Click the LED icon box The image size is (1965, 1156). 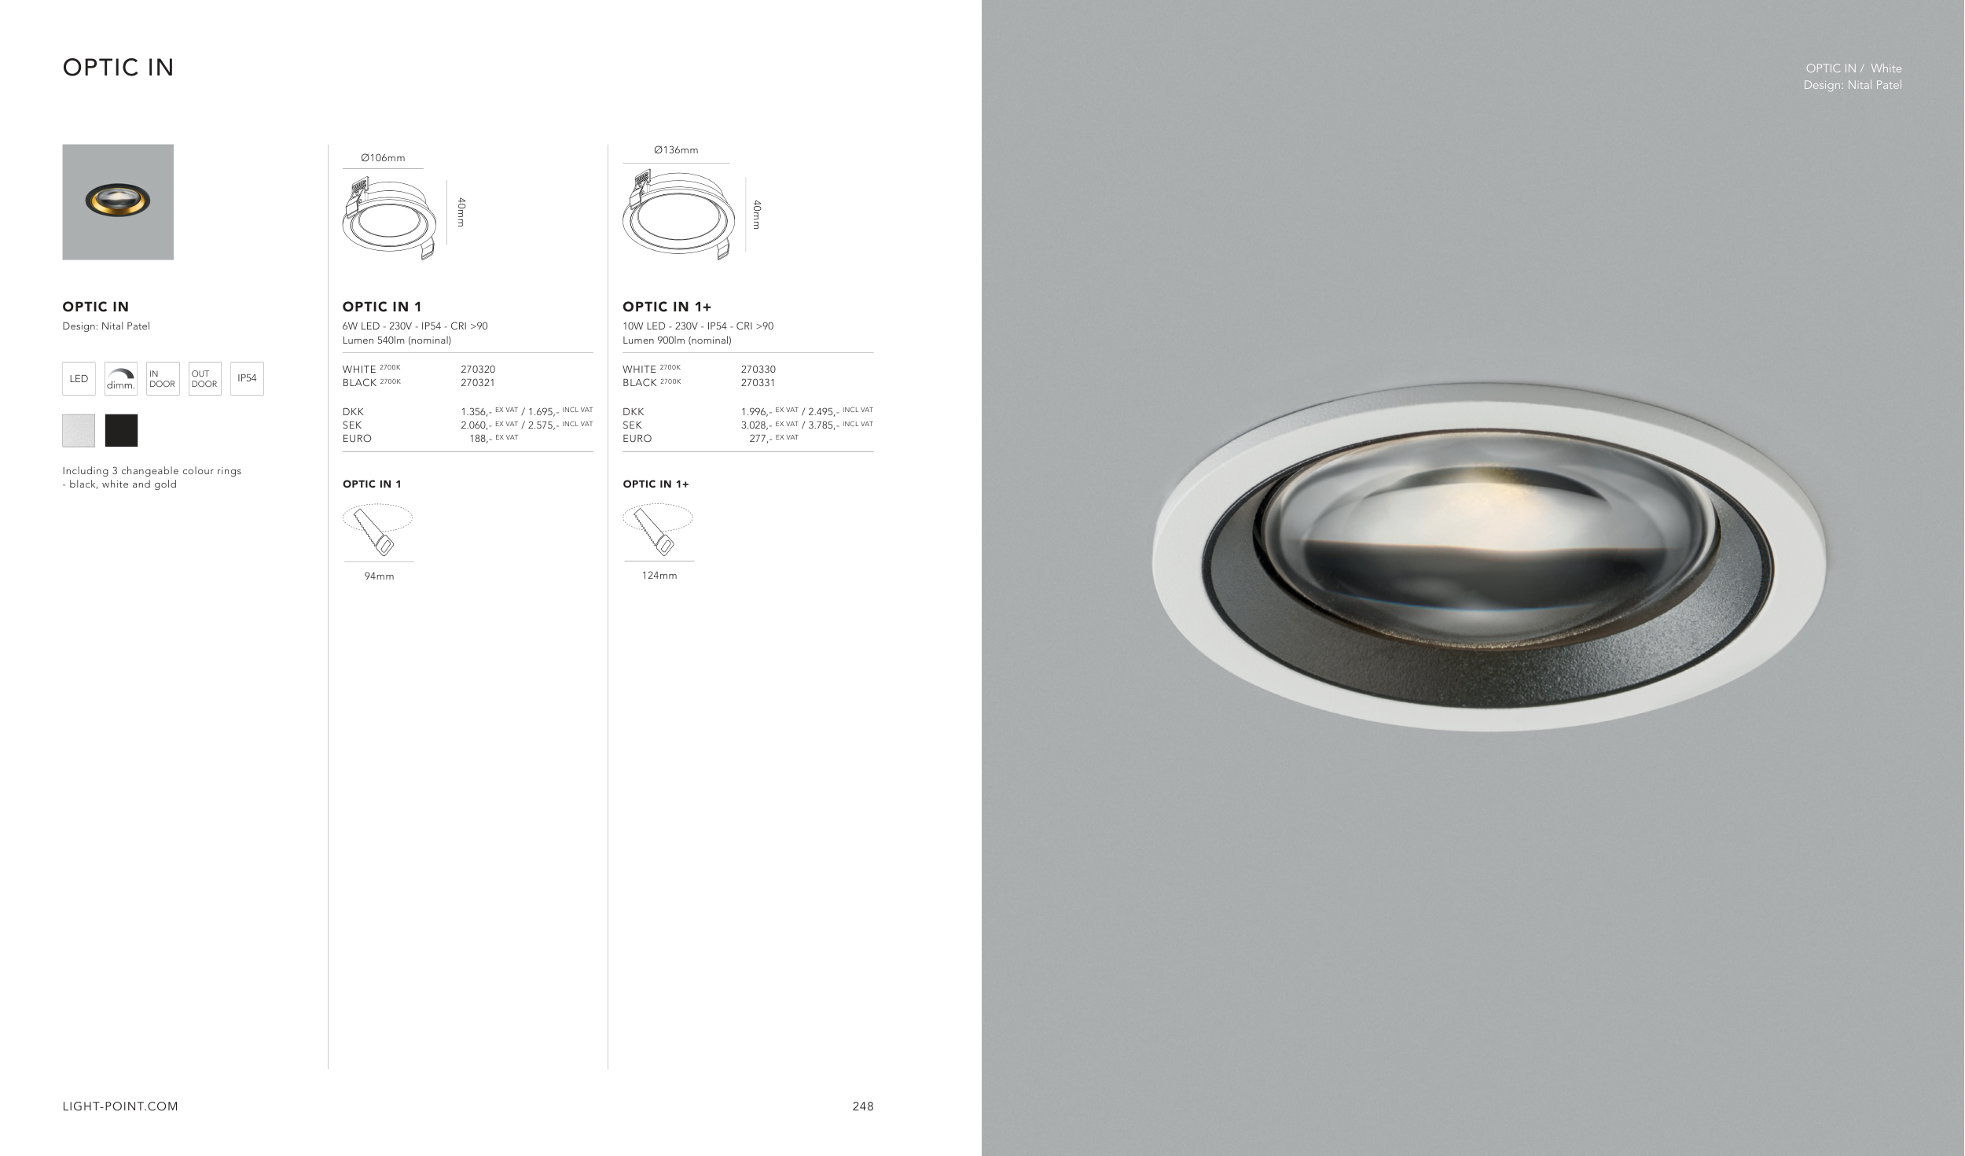[x=79, y=378]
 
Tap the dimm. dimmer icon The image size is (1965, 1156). [x=121, y=378]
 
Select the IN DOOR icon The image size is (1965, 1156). [x=163, y=378]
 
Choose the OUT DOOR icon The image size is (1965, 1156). [x=204, y=378]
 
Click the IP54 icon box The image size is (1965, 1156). [x=247, y=378]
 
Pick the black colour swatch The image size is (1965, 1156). [x=121, y=430]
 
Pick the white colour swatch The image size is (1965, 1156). [x=79, y=430]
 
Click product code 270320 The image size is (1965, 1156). [x=478, y=369]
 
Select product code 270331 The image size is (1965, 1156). [x=758, y=383]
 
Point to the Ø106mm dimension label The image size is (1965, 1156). [x=383, y=158]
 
